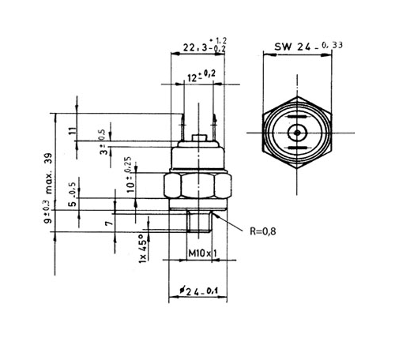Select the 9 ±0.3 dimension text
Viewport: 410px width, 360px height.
point(49,214)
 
